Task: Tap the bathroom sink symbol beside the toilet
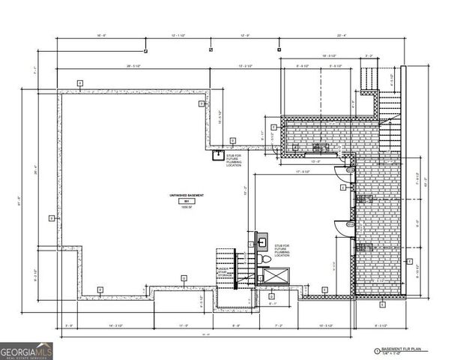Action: (262, 242)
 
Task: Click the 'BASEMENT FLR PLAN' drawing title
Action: (395, 349)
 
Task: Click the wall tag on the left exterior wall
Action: (51, 218)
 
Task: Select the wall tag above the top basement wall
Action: (79, 81)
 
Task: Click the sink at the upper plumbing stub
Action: (219, 155)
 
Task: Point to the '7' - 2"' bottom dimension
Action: (279, 325)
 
